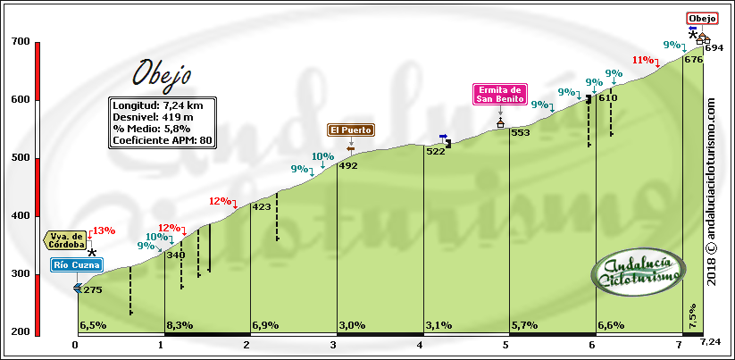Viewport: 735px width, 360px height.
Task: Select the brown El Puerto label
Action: click(x=350, y=130)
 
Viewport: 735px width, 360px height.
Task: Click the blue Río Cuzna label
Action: click(x=77, y=264)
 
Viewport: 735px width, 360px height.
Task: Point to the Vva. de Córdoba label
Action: click(x=66, y=240)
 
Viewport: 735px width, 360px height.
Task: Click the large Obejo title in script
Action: click(x=161, y=73)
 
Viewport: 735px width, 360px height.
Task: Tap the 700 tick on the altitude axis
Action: click(x=20, y=42)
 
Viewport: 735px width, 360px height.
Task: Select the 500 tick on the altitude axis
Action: click(x=20, y=158)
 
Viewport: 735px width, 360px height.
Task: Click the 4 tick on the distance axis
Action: click(x=420, y=345)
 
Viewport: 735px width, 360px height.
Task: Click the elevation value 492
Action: click(x=347, y=165)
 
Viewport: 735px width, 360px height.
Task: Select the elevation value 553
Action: click(x=521, y=133)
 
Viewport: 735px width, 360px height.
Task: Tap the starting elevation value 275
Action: click(x=92, y=289)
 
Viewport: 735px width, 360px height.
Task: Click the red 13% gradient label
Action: click(x=104, y=230)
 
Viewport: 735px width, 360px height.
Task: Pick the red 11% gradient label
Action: click(x=643, y=60)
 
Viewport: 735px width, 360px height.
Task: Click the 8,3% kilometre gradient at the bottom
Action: click(x=180, y=325)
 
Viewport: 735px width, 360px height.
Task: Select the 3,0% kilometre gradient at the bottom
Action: click(x=353, y=325)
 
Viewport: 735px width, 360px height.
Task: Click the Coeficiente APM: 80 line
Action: click(x=163, y=140)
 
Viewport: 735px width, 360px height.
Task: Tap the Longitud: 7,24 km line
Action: click(x=157, y=105)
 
